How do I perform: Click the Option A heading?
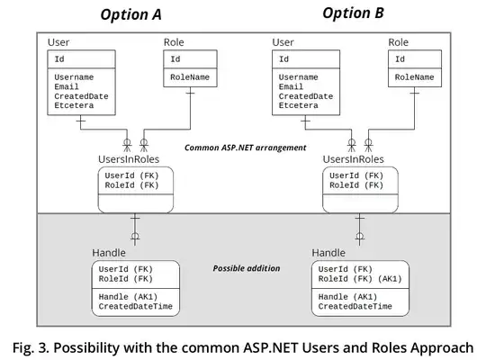tap(130, 14)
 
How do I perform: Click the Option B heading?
tap(353, 13)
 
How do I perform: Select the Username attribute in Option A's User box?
tap(75, 77)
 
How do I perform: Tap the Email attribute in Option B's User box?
tap(291, 87)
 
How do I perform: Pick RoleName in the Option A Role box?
tap(189, 78)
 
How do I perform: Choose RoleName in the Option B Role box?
tap(413, 78)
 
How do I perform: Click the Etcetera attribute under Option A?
tap(75, 106)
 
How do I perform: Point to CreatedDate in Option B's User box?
tap(305, 96)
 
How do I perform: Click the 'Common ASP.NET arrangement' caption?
tap(244, 148)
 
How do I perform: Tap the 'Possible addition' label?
tap(247, 268)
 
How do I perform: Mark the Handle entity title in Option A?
tap(108, 252)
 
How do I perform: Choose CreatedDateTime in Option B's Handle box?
tap(355, 307)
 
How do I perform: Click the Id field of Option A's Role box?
tap(175, 59)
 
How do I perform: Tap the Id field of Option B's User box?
tap(284, 59)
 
